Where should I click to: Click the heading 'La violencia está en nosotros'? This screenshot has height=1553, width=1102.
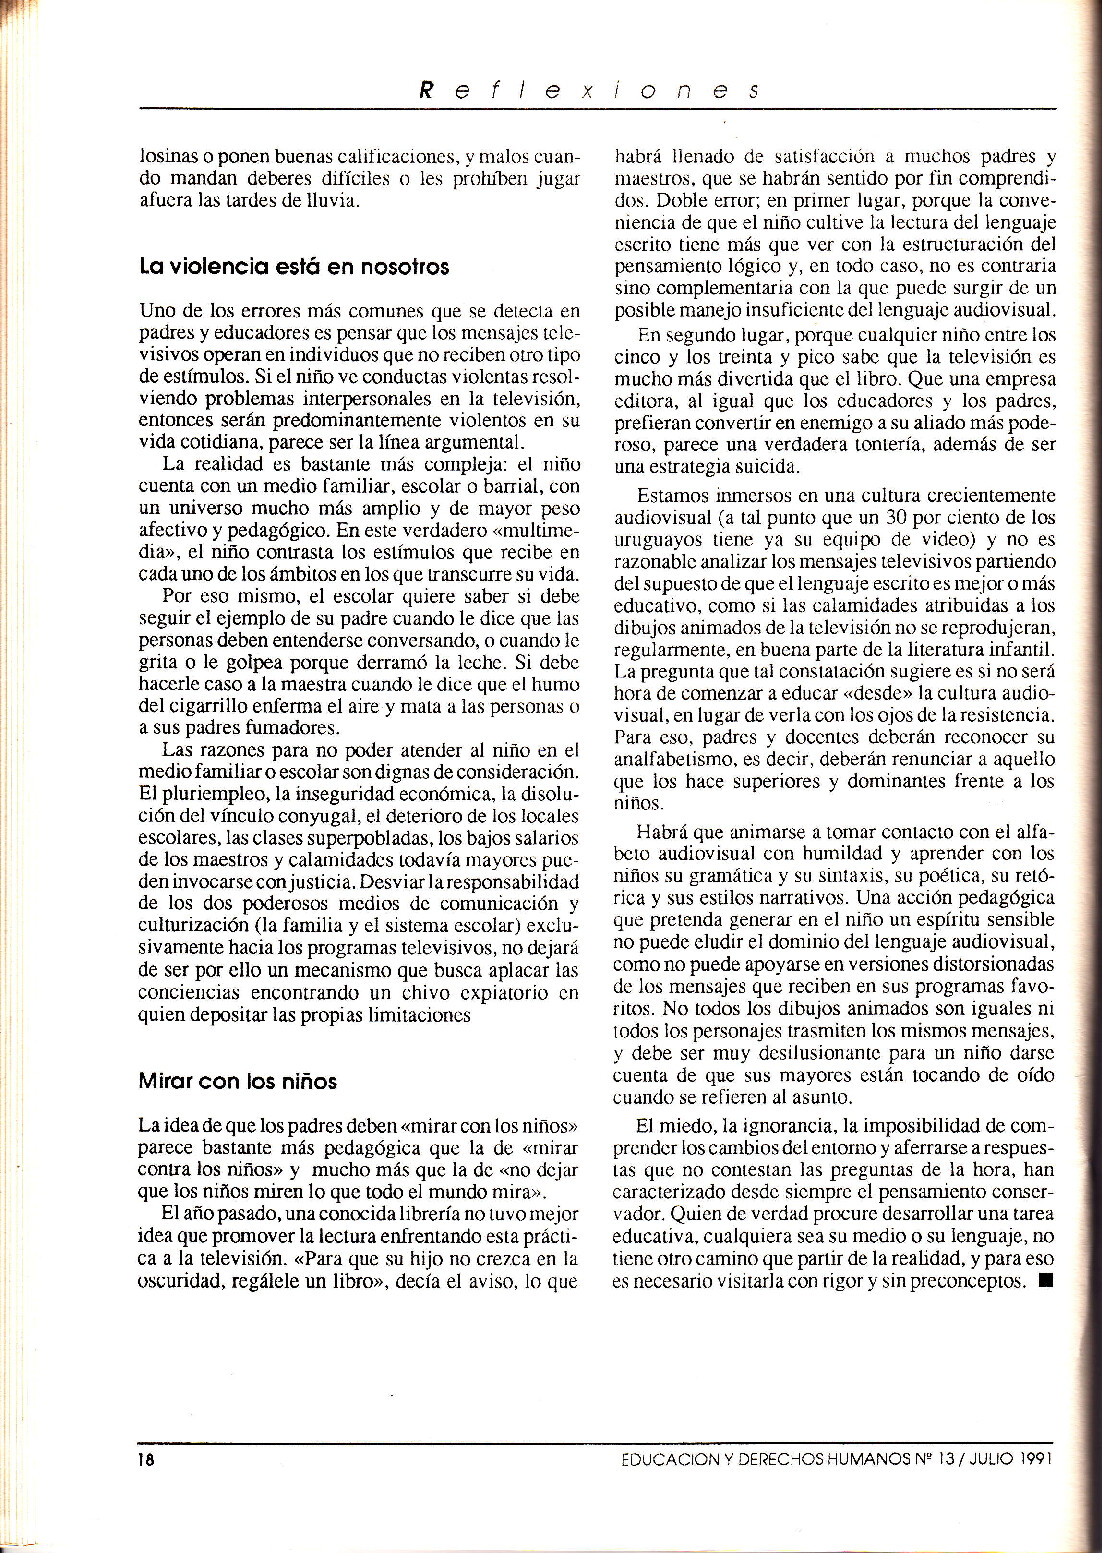294,267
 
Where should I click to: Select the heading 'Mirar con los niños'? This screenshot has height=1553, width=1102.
237,1081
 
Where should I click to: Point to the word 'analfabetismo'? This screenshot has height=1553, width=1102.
664,759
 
